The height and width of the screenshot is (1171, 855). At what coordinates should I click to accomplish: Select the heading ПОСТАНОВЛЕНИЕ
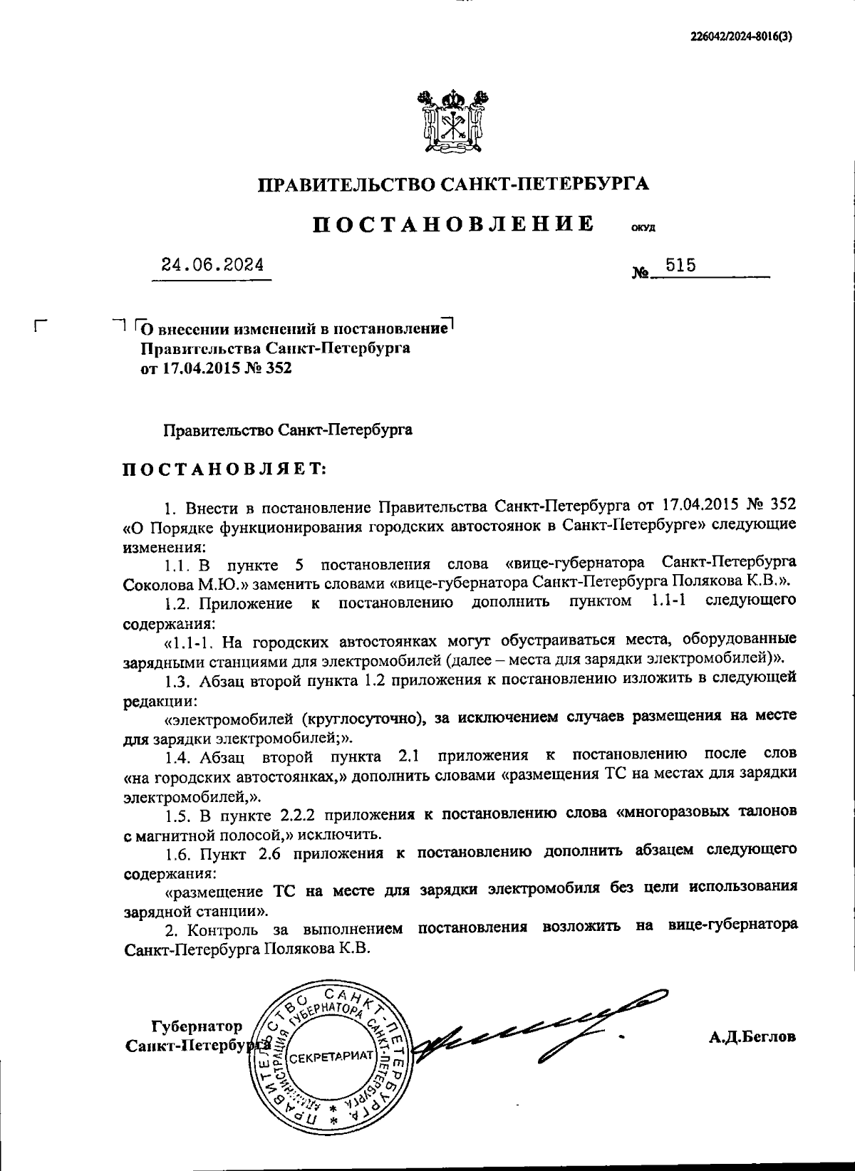(454, 224)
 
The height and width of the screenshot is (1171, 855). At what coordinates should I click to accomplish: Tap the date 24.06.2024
(212, 265)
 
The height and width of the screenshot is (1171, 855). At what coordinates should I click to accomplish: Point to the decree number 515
(680, 266)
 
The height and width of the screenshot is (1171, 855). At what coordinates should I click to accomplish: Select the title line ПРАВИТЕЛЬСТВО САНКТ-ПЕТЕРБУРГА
(454, 185)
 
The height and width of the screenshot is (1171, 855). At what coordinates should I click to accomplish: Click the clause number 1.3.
(177, 679)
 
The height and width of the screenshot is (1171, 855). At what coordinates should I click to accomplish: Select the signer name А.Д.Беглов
(752, 1037)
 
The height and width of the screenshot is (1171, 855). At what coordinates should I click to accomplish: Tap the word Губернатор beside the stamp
(197, 1026)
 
